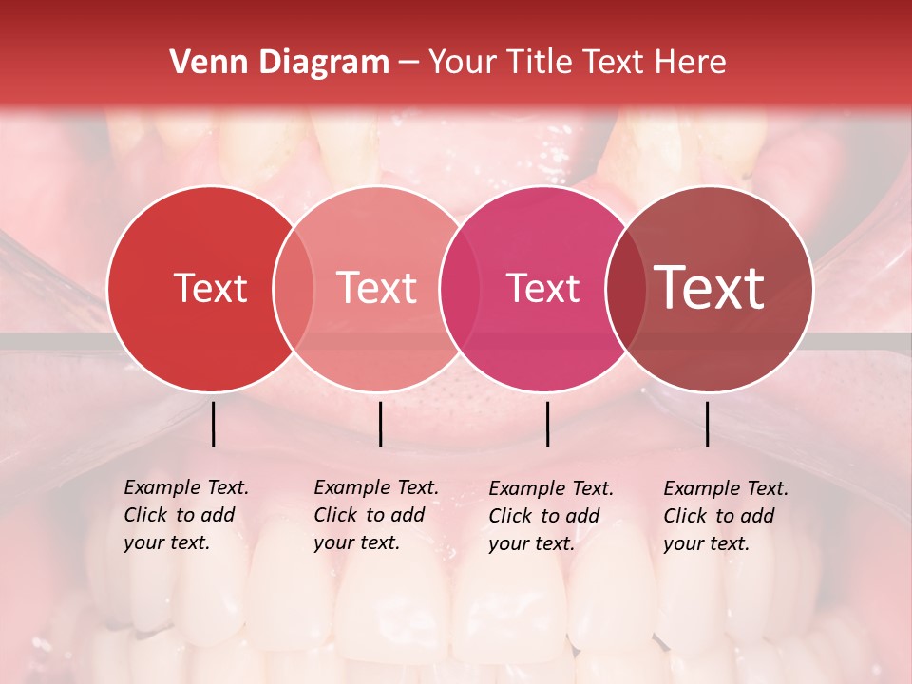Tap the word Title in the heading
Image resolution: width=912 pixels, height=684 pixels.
coord(540,63)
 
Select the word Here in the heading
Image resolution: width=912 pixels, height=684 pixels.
coord(692,63)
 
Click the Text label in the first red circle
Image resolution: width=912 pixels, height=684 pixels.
coord(210,288)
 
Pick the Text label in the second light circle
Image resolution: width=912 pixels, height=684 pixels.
coord(377,288)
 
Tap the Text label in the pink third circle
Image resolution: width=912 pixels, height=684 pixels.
coord(542,288)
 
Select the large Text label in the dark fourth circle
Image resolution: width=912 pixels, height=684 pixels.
coord(710,287)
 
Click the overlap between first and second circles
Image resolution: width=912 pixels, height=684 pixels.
coord(294,288)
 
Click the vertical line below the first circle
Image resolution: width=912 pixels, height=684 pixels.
coord(213,424)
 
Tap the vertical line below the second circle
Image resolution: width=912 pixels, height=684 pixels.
coord(380,424)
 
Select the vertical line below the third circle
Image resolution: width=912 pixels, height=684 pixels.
coord(547,424)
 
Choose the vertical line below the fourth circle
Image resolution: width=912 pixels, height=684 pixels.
coord(707,424)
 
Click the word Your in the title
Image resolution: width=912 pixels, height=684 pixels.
coord(463,63)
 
